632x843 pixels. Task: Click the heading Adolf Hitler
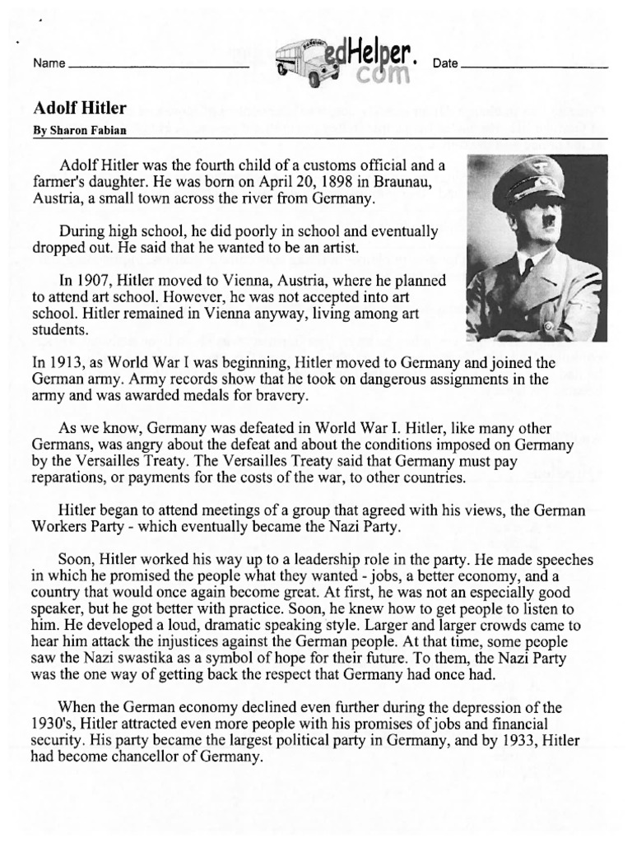point(79,108)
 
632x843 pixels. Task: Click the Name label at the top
point(48,64)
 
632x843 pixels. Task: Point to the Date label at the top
point(444,64)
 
